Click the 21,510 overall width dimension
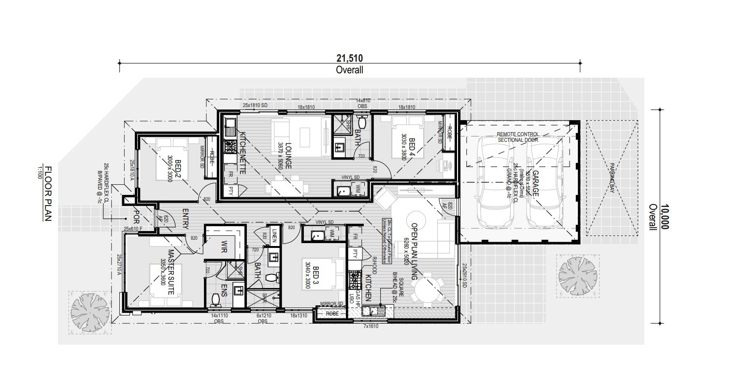350,58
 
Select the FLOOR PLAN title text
47,193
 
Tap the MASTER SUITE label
171,272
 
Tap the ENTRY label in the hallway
186,219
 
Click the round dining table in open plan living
427,287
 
